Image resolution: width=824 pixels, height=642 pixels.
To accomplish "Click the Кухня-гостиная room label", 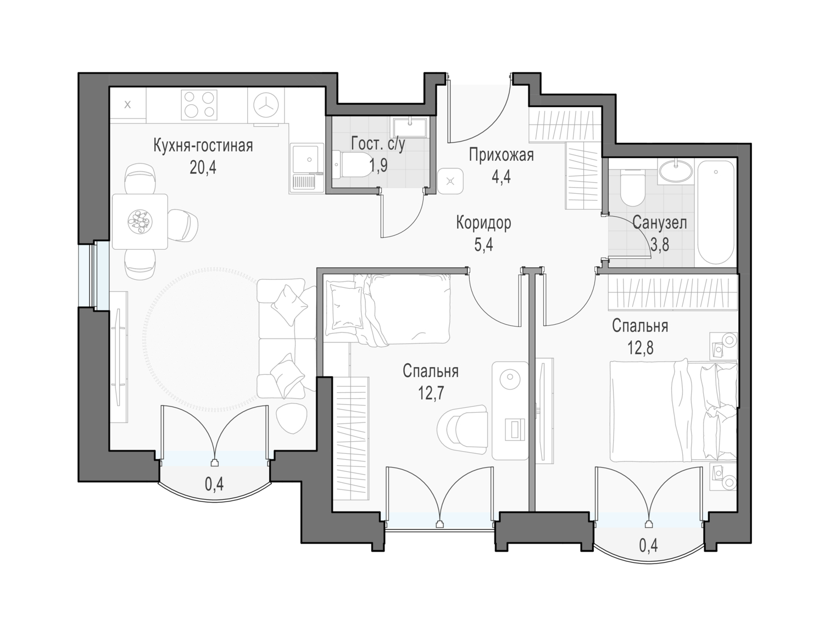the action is pyautogui.click(x=203, y=146).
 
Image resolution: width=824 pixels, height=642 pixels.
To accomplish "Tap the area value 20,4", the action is pyautogui.click(x=203, y=167).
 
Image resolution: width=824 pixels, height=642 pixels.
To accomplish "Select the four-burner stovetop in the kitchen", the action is pyautogui.click(x=199, y=105).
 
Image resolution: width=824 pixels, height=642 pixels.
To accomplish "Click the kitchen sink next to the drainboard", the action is pyautogui.click(x=308, y=159).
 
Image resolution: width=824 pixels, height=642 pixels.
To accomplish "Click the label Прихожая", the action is pyautogui.click(x=501, y=155).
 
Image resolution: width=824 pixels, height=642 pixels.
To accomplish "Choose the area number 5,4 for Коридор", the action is pyautogui.click(x=483, y=245).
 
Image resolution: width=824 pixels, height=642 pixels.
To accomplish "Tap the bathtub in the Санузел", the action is pyautogui.click(x=716, y=212).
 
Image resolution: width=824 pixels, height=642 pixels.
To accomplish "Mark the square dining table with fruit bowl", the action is pyautogui.click(x=140, y=222).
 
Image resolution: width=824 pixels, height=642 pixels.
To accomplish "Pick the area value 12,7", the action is pyautogui.click(x=431, y=393).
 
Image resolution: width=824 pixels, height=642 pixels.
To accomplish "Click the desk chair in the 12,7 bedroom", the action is pyautogui.click(x=462, y=430).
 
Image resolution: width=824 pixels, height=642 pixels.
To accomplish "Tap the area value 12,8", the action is pyautogui.click(x=640, y=347).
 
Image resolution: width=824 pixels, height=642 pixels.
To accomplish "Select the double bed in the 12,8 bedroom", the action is pyautogui.click(x=673, y=412).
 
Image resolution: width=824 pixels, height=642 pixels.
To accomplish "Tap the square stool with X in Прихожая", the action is pyautogui.click(x=450, y=181).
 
